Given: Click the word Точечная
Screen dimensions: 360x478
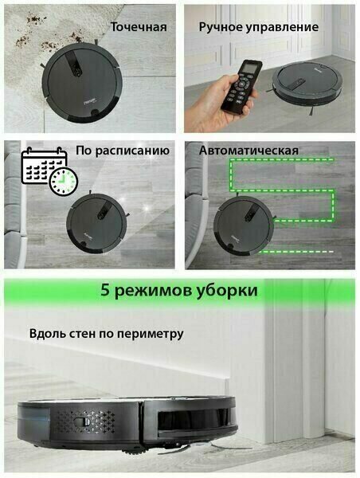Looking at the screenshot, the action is pyautogui.click(x=139, y=27).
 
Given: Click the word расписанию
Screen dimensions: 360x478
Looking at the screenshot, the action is pyautogui.click(x=132, y=151).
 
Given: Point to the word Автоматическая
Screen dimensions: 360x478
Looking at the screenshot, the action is pyautogui.click(x=248, y=151).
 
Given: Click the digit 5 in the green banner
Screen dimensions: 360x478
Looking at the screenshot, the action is pyautogui.click(x=105, y=290).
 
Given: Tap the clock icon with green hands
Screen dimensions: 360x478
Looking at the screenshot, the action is pyautogui.click(x=64, y=181).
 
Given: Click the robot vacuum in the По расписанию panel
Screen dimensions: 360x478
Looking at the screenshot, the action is pyautogui.click(x=96, y=223).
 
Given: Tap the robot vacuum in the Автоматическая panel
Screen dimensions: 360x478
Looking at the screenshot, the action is pyautogui.click(x=244, y=225).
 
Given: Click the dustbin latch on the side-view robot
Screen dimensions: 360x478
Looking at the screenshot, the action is pyautogui.click(x=82, y=421).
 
